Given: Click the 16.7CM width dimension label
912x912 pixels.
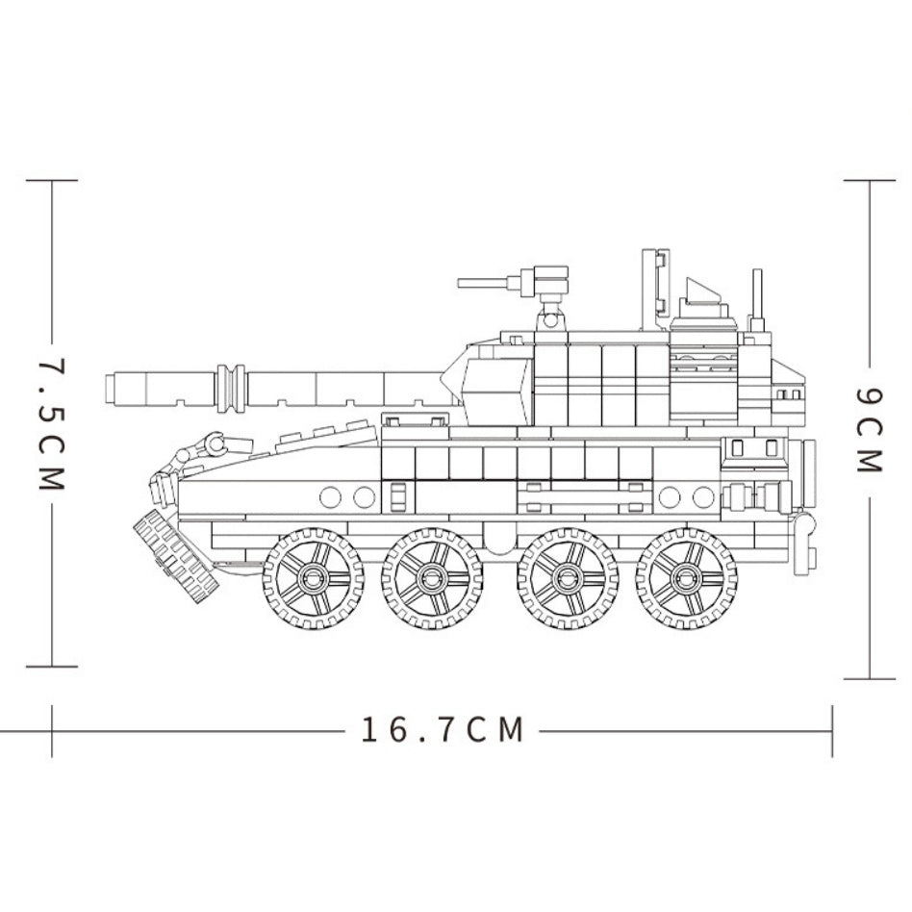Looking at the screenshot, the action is (x=443, y=729).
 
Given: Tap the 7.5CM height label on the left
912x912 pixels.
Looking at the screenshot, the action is (x=52, y=423).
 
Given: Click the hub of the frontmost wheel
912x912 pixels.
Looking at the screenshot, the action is (x=314, y=578).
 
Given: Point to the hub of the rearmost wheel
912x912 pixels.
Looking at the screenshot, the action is (x=686, y=578).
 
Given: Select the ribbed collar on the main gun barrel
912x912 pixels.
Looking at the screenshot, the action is (x=231, y=389).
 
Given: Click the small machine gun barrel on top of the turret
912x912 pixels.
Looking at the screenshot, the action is (x=483, y=283).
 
